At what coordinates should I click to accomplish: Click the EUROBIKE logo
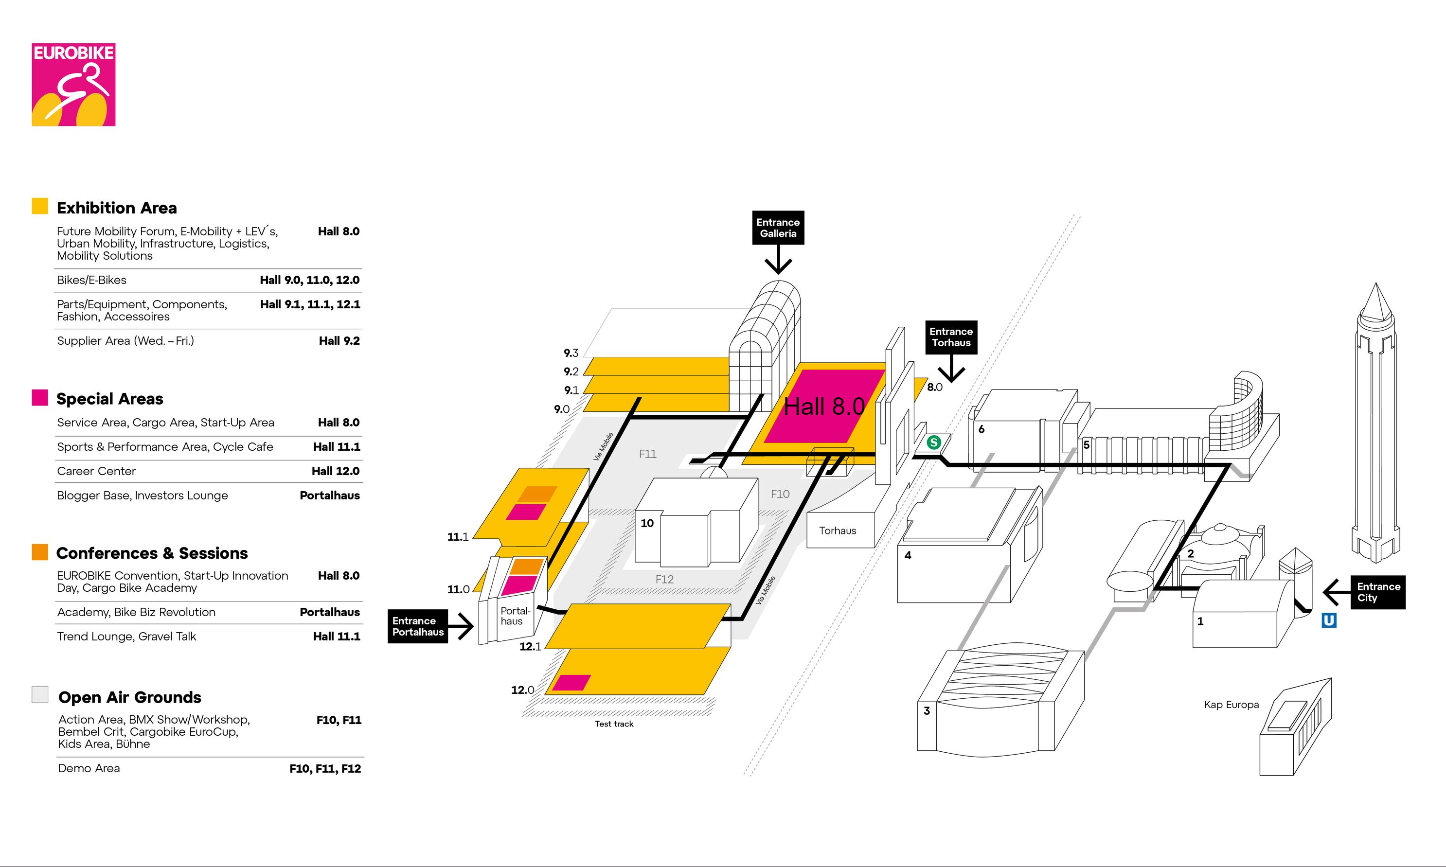click(73, 85)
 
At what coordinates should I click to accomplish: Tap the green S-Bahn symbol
click(934, 442)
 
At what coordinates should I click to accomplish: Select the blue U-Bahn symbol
click(1329, 620)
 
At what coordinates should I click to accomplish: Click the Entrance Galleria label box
click(778, 228)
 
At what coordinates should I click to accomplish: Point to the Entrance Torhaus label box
click(950, 337)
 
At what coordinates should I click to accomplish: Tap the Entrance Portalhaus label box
click(418, 626)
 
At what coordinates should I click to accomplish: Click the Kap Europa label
click(1231, 705)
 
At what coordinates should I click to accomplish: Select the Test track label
click(613, 724)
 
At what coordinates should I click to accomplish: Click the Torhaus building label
click(837, 531)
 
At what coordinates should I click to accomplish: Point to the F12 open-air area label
click(664, 579)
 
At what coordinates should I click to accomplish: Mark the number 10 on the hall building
click(647, 523)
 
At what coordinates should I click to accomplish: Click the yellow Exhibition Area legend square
click(40, 206)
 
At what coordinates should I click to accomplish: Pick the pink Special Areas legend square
click(40, 397)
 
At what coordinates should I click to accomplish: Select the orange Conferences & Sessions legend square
click(40, 552)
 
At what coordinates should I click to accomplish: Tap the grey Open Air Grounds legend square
click(40, 695)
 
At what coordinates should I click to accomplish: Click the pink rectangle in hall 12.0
click(571, 682)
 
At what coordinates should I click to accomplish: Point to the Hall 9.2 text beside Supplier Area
click(339, 340)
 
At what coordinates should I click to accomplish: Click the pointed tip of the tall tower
click(1376, 286)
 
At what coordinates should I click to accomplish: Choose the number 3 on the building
click(927, 710)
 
